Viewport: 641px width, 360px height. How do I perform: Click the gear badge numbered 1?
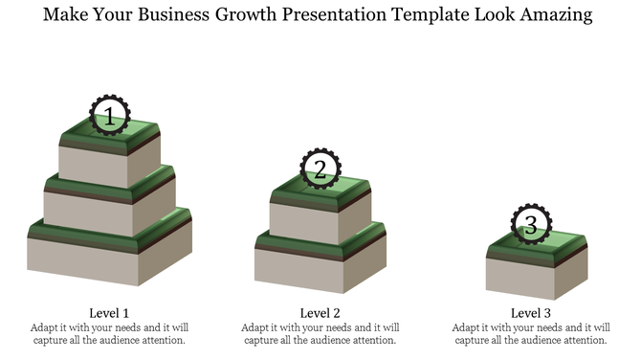pyautogui.click(x=109, y=117)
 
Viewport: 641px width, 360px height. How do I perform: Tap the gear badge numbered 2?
pyautogui.click(x=320, y=169)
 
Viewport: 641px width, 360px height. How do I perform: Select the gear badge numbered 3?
pyautogui.click(x=530, y=225)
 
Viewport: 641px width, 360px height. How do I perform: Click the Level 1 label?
pyautogui.click(x=109, y=313)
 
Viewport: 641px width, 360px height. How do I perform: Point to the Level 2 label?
pyautogui.click(x=320, y=313)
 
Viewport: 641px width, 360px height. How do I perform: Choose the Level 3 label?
pyautogui.click(x=530, y=313)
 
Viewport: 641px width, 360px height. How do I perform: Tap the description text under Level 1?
pyautogui.click(x=109, y=333)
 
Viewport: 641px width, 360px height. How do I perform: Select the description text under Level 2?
pyautogui.click(x=320, y=333)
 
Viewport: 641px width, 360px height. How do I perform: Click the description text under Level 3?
pyautogui.click(x=530, y=333)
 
